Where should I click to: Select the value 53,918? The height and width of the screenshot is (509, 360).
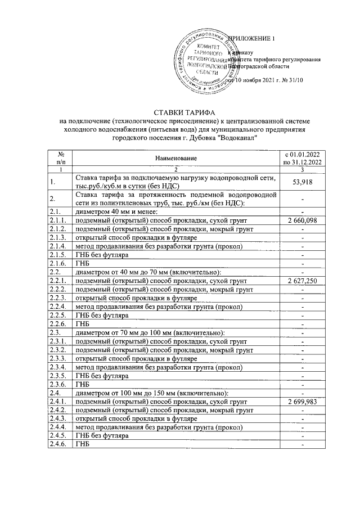point(303,182)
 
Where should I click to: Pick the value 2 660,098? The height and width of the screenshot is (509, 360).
point(303,220)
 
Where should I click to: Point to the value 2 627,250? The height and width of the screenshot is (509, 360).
point(303,280)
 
